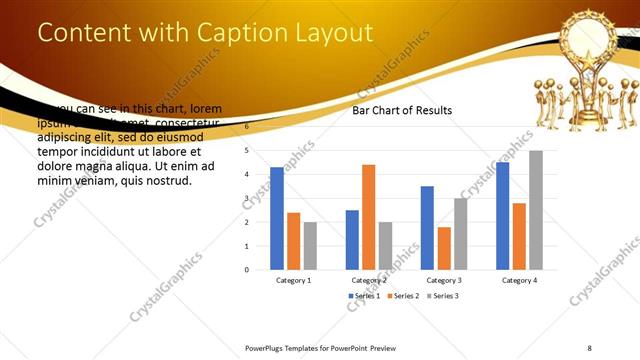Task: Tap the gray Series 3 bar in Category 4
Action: (x=536, y=210)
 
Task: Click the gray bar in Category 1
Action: (x=310, y=245)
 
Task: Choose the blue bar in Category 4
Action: (x=502, y=216)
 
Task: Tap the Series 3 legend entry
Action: (x=443, y=297)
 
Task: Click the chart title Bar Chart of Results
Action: (x=402, y=110)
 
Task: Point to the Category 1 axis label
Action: (x=293, y=280)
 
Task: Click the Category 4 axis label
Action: (x=519, y=280)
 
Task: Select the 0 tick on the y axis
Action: (x=247, y=269)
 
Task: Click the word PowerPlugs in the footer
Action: (x=266, y=347)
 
